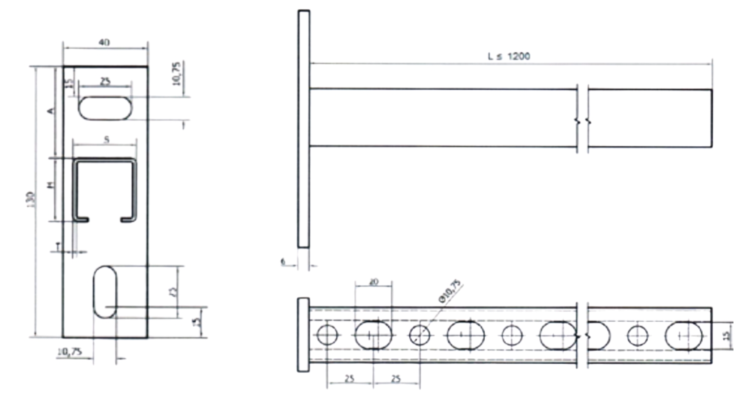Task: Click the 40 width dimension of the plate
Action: click(x=104, y=43)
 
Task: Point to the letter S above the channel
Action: click(x=106, y=140)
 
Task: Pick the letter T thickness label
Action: click(x=58, y=245)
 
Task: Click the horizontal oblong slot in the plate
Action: click(x=105, y=108)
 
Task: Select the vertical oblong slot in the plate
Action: click(x=105, y=292)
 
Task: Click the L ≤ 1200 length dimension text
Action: click(x=509, y=57)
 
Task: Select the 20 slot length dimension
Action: click(x=373, y=282)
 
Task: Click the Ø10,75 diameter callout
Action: click(x=449, y=291)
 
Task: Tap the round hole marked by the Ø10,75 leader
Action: click(x=420, y=335)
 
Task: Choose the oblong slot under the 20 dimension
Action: click(x=373, y=335)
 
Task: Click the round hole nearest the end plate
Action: click(x=327, y=335)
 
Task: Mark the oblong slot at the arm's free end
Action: click(x=685, y=336)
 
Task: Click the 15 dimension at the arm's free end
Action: click(x=726, y=336)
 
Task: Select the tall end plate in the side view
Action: click(x=303, y=129)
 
